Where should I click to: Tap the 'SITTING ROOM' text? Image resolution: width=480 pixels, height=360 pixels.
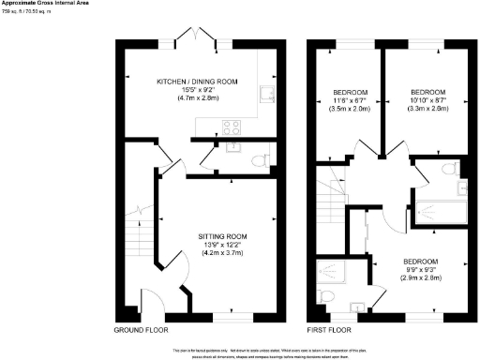coord(221,235)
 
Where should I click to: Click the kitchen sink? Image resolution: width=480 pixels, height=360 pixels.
coord(265,92)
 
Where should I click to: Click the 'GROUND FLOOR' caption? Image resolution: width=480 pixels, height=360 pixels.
coord(142,331)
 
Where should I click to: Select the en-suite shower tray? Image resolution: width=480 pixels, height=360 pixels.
coord(333,272)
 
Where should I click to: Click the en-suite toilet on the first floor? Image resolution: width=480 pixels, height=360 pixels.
coord(325,295)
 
